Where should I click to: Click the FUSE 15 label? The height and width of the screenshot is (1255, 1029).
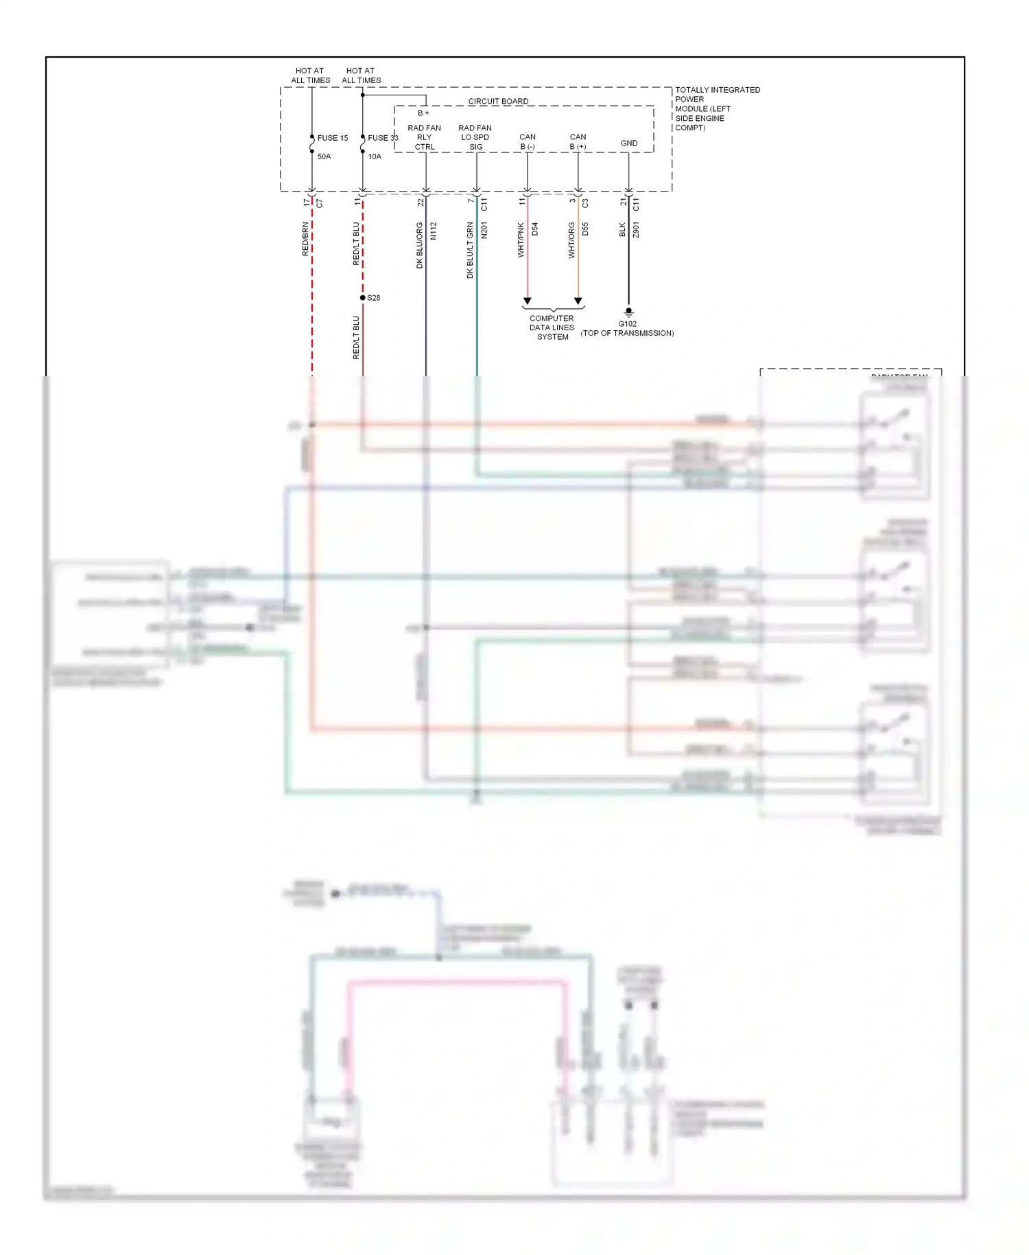pyautogui.click(x=332, y=138)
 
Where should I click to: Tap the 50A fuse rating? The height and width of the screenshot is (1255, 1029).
pyautogui.click(x=324, y=157)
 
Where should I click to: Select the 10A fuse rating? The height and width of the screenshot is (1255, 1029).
pyautogui.click(x=375, y=157)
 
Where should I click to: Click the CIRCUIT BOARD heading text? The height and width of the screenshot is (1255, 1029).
pyautogui.click(x=498, y=101)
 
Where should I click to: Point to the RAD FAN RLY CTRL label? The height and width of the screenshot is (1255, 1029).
pyautogui.click(x=425, y=137)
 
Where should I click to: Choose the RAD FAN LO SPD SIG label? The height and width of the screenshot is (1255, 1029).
pyautogui.click(x=475, y=137)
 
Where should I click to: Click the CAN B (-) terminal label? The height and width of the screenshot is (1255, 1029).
pyautogui.click(x=528, y=141)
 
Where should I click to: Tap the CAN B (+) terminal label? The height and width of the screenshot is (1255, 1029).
pyautogui.click(x=578, y=141)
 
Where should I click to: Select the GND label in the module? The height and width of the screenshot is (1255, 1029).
pyautogui.click(x=629, y=143)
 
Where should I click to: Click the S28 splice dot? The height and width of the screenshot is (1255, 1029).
pyautogui.click(x=363, y=298)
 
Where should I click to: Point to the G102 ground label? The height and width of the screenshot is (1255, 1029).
pyautogui.click(x=628, y=324)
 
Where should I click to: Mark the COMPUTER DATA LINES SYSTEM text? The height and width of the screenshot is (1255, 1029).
pyautogui.click(x=552, y=327)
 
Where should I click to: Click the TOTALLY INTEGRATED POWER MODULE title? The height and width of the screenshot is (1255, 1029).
pyautogui.click(x=717, y=108)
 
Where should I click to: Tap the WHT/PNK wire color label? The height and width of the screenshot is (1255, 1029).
pyautogui.click(x=521, y=240)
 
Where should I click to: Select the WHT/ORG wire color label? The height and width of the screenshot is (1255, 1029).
pyautogui.click(x=571, y=240)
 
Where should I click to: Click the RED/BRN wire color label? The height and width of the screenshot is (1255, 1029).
pyautogui.click(x=305, y=239)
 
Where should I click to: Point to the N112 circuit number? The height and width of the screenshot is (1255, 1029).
pyautogui.click(x=434, y=231)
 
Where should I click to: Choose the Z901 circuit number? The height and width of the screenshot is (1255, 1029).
pyautogui.click(x=637, y=230)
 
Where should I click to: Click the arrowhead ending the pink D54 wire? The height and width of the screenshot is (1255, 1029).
pyautogui.click(x=528, y=301)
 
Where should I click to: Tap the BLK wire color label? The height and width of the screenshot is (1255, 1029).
pyautogui.click(x=622, y=230)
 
